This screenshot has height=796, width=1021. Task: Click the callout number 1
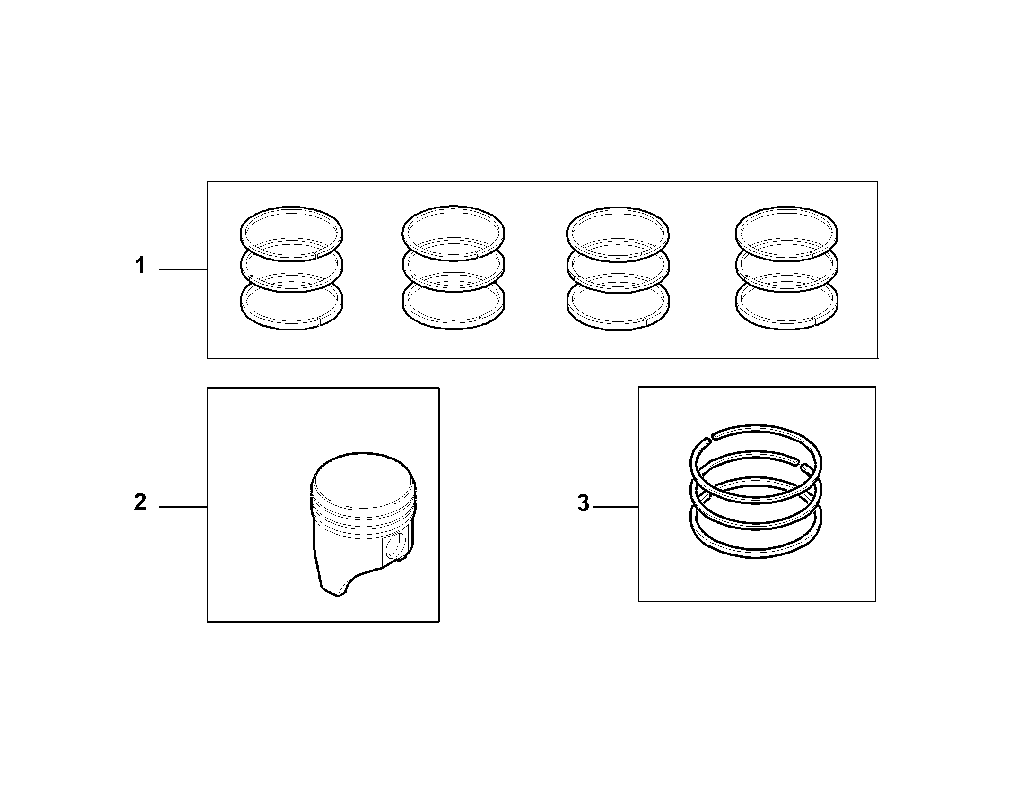[x=140, y=266]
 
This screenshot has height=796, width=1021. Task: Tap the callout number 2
[x=140, y=502]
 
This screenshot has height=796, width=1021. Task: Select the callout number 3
[x=584, y=503]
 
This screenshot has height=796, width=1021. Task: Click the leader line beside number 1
[x=183, y=269]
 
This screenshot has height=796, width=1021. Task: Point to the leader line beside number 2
[x=183, y=507]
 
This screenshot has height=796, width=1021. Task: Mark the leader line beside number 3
[x=616, y=507]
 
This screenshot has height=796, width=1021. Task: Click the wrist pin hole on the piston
[x=395, y=545]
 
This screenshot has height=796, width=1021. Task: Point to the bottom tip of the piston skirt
[x=338, y=596]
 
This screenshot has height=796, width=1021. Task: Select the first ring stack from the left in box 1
[x=291, y=268]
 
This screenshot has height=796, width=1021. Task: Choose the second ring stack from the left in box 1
[x=454, y=268]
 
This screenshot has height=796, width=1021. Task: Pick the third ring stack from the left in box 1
[x=618, y=268]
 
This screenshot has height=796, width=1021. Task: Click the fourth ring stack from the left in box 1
[x=786, y=268]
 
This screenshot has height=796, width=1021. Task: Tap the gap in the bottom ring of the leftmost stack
[x=318, y=321]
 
